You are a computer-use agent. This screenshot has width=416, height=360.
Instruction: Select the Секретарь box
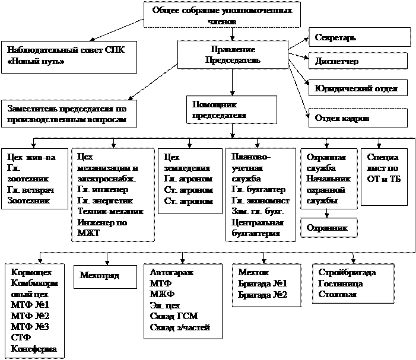[360, 37]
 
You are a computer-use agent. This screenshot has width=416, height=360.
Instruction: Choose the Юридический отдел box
[358, 88]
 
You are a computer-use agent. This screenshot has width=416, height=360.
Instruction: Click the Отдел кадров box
[358, 118]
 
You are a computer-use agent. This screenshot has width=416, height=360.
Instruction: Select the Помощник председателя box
[231, 110]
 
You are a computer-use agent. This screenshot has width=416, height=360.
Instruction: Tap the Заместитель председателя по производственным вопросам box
[68, 114]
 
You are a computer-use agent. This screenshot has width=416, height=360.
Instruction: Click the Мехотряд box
[100, 276]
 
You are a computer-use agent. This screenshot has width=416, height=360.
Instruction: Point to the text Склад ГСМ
[174, 316]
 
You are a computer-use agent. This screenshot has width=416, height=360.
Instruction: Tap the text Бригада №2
[262, 294]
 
